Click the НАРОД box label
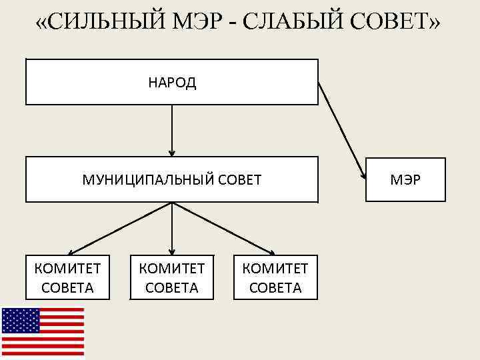(x=172, y=83)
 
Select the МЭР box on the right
(x=405, y=179)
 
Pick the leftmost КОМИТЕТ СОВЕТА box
(x=67, y=277)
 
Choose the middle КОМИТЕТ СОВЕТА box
(x=171, y=277)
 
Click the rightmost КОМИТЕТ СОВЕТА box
(x=275, y=277)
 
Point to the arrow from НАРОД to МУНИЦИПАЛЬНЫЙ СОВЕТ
(x=172, y=130)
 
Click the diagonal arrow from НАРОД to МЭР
(x=341, y=130)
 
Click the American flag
(x=43, y=332)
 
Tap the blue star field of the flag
(x=21, y=321)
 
